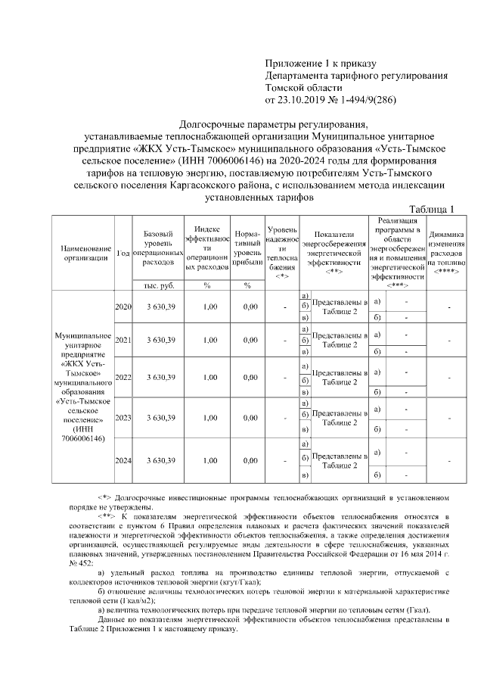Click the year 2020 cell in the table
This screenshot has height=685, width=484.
123,307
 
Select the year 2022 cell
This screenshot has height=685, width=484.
123,377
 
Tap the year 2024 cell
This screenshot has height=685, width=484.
123,459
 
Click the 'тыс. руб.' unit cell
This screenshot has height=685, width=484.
159,285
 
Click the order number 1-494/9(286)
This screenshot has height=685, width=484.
364,99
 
